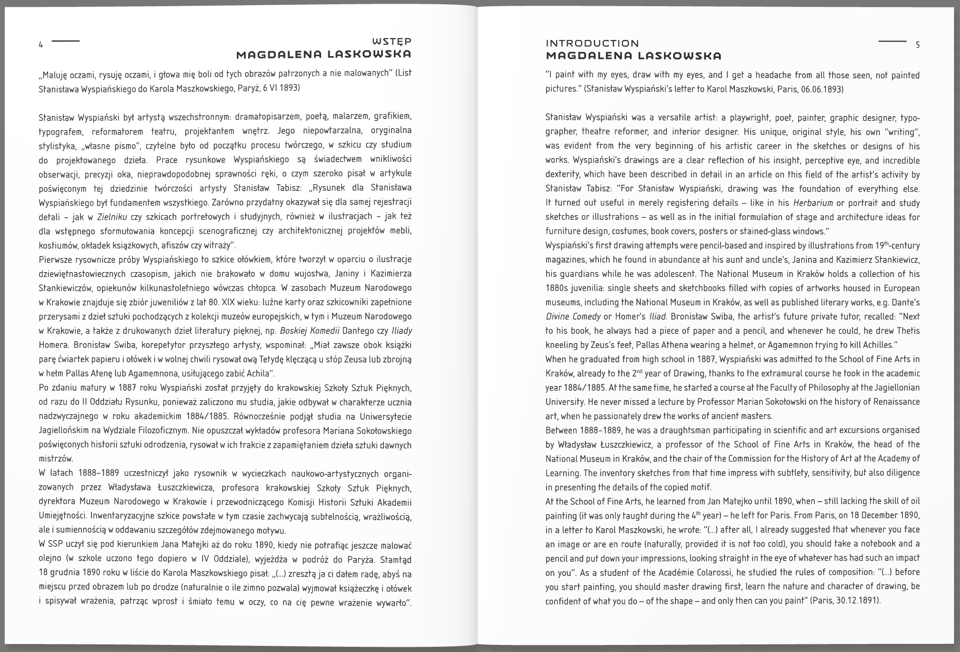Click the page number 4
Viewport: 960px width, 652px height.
(x=41, y=45)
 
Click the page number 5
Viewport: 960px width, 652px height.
(x=918, y=45)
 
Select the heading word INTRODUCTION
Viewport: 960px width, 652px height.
(x=592, y=43)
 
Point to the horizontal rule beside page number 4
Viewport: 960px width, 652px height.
(x=66, y=41)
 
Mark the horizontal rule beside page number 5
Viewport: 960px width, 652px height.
(x=892, y=41)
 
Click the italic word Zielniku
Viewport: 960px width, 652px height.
(x=112, y=217)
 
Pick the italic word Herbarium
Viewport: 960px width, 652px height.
(x=813, y=203)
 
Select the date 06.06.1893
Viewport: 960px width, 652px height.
(x=821, y=89)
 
